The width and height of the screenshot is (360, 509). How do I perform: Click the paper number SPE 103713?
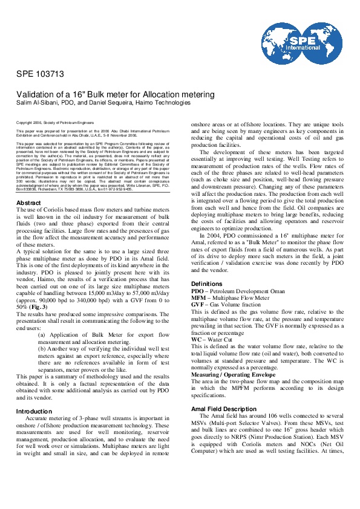point(40,75)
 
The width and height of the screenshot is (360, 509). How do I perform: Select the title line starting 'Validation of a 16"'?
point(115,94)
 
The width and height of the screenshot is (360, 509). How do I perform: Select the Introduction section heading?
point(34,411)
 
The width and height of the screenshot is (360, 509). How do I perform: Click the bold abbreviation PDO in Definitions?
point(198,290)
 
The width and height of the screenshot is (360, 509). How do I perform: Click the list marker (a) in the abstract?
point(41,317)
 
